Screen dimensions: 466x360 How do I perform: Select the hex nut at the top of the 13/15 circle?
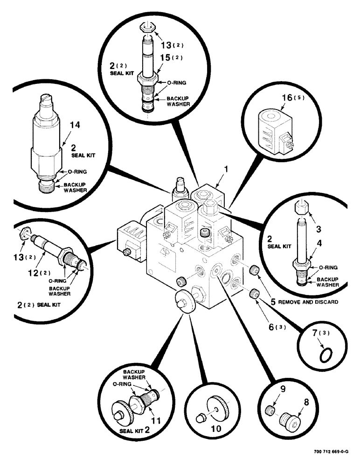[147, 29]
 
